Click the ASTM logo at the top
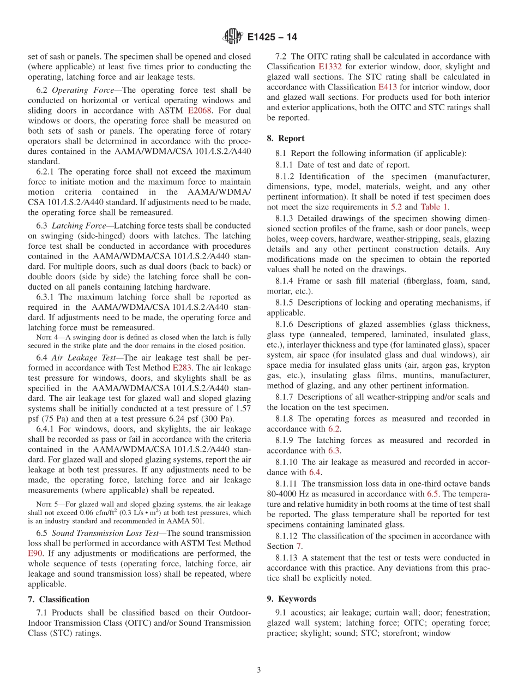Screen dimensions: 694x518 (232, 37)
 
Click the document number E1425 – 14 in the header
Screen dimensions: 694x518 (272, 38)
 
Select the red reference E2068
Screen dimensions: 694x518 (200, 110)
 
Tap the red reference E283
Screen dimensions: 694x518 (182, 368)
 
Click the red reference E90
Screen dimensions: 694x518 (35, 553)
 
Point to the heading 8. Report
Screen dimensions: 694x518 (286, 138)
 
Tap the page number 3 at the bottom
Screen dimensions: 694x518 (259, 670)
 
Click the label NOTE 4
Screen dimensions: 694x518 (46, 338)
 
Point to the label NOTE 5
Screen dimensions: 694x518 (46, 504)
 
